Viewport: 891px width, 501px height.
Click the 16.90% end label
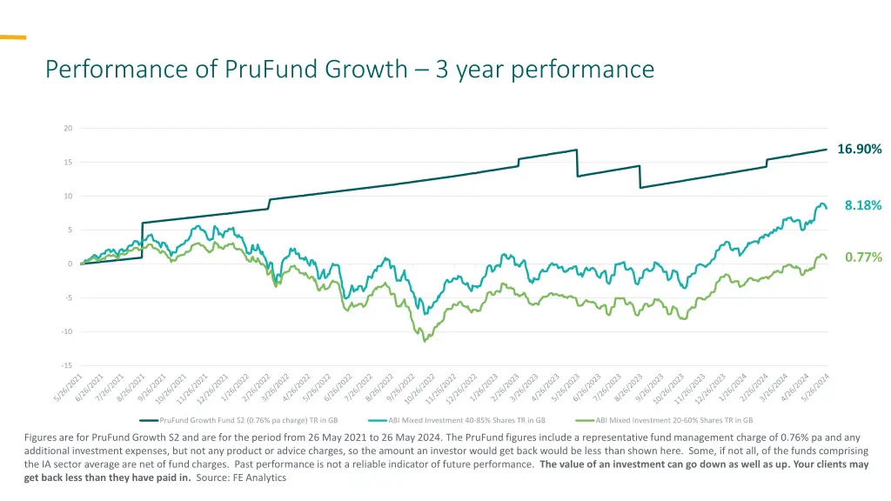click(859, 150)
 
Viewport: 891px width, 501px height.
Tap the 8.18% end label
click(862, 205)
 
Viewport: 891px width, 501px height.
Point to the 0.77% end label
click(862, 257)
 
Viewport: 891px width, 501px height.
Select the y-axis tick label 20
click(68, 129)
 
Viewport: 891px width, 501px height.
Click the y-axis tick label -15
click(67, 365)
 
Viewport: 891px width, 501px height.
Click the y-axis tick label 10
click(68, 197)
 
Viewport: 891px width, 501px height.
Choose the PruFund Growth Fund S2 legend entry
click(248, 420)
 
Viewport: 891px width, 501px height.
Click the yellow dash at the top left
click(12, 37)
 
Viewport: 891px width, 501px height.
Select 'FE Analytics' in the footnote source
click(258, 478)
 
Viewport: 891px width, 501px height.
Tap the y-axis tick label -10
click(67, 331)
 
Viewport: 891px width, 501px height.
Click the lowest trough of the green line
click(425, 341)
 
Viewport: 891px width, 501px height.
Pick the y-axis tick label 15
click(68, 163)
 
